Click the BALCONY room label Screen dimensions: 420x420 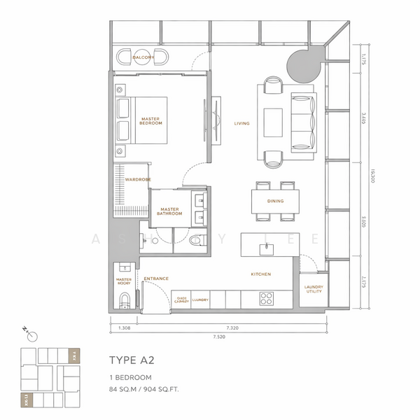click(143, 57)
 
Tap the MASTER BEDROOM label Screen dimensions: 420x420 click(150, 121)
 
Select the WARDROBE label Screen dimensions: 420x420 click(138, 180)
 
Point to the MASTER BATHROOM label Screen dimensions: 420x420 click(170, 211)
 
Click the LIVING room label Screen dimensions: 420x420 click(242, 124)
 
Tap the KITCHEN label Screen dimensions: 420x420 click(260, 274)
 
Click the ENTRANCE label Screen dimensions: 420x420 click(155, 279)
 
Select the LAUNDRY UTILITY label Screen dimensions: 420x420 click(313, 289)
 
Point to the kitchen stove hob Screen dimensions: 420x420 click(267, 297)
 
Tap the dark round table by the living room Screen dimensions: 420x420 click(302, 65)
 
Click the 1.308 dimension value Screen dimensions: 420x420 click(124, 328)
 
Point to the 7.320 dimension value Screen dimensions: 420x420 click(234, 328)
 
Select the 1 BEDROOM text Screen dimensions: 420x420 click(130, 377)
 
